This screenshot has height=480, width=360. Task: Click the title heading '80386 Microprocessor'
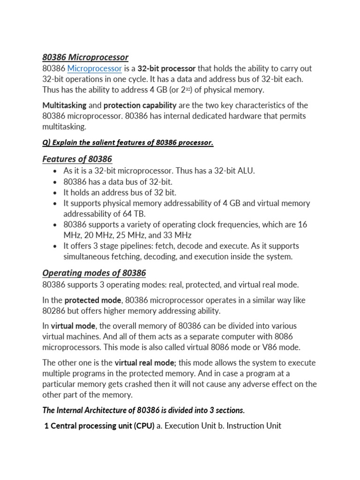[x=85, y=57]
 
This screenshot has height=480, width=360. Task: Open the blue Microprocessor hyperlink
[x=95, y=68]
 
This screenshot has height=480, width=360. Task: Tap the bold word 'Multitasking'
[x=64, y=105]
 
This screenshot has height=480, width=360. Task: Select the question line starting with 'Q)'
[x=127, y=142]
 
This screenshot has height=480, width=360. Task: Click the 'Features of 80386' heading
[x=77, y=159]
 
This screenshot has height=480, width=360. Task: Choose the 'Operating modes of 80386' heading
[x=94, y=273]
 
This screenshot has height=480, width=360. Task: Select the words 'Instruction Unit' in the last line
[x=254, y=426]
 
